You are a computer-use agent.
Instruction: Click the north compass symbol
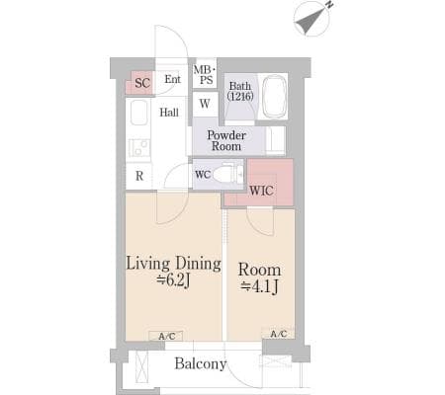click(311, 19)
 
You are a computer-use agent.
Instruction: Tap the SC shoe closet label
click(142, 83)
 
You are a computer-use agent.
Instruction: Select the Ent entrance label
click(173, 79)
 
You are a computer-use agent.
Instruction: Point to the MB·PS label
click(205, 75)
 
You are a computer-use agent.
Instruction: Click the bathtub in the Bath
click(274, 97)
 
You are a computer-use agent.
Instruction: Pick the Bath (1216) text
click(240, 91)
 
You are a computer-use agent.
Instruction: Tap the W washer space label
click(205, 104)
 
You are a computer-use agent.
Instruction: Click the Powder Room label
click(226, 140)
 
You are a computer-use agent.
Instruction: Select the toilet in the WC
click(227, 174)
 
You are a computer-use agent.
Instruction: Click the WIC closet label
click(261, 191)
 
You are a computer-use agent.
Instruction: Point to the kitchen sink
click(138, 113)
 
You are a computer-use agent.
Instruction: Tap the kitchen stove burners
click(139, 148)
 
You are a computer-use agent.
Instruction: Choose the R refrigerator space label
click(139, 176)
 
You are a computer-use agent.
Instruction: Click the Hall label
click(169, 113)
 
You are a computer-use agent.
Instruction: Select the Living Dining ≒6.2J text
click(173, 272)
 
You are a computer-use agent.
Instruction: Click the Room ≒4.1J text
click(260, 277)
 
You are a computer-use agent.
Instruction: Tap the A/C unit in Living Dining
click(166, 336)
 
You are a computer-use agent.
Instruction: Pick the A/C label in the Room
click(279, 334)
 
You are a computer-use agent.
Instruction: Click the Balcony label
click(201, 363)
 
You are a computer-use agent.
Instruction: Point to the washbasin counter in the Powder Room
click(275, 141)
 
